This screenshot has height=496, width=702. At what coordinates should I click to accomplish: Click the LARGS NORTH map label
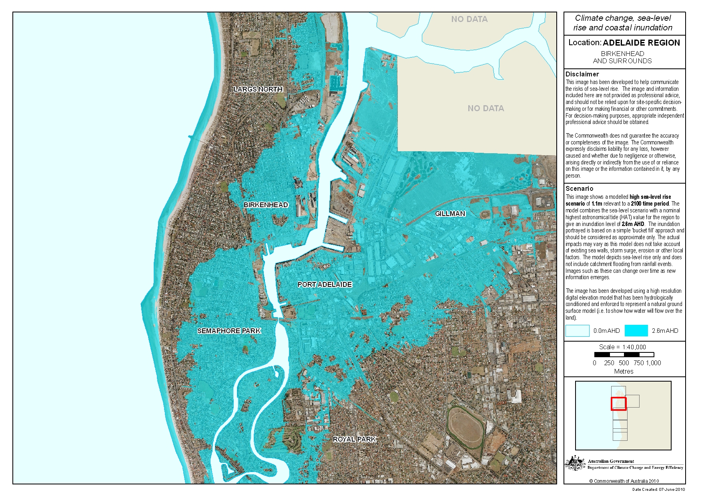(x=258, y=89)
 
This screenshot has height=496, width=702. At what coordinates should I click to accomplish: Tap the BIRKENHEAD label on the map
(x=266, y=205)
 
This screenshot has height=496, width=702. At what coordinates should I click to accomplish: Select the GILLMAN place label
(x=450, y=214)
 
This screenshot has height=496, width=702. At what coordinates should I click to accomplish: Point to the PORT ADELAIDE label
(x=325, y=284)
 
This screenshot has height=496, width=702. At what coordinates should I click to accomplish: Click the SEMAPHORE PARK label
(x=229, y=331)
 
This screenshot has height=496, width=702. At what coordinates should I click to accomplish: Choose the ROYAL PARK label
(x=355, y=439)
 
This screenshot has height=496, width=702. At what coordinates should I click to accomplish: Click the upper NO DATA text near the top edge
(x=469, y=19)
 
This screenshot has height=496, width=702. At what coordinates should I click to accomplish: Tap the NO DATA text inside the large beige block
(x=485, y=108)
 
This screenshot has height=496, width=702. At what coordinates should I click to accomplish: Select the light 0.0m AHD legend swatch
(x=577, y=331)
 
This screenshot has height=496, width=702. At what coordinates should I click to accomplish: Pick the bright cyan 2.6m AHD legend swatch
(x=636, y=331)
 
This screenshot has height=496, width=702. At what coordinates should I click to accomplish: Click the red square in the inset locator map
(x=618, y=403)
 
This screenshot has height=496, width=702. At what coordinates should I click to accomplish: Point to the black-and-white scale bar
(x=624, y=354)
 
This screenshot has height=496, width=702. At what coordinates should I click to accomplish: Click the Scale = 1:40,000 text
(x=622, y=347)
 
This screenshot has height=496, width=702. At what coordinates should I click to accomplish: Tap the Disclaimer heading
(x=582, y=74)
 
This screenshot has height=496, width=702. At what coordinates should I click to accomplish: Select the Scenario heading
(x=579, y=188)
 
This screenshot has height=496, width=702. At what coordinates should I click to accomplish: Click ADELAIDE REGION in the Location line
(x=641, y=43)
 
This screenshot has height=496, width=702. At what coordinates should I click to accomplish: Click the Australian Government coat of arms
(x=575, y=463)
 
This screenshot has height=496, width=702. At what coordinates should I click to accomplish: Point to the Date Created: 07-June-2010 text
(x=658, y=489)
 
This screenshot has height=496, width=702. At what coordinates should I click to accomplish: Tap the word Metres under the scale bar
(x=624, y=371)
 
